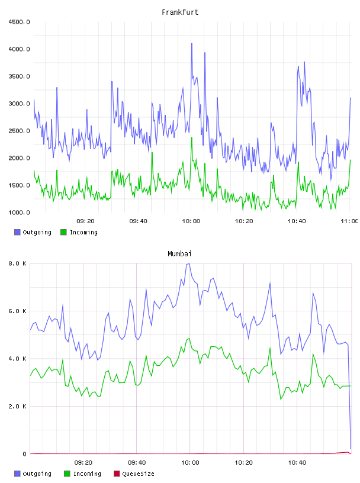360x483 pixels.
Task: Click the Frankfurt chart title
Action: coord(180,12)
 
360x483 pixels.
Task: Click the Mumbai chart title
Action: coord(179,254)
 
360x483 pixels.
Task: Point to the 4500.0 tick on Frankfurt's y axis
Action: coord(19,22)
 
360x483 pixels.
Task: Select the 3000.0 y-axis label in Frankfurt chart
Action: coord(19,104)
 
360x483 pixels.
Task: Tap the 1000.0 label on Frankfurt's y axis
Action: coord(19,212)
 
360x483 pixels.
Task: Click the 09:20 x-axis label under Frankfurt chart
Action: coord(85,221)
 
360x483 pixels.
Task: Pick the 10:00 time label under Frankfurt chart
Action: coord(191,221)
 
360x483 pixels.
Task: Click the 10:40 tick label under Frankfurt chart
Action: coord(297,221)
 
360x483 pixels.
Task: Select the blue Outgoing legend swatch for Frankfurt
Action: coord(17,232)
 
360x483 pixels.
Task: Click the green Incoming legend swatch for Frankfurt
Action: coord(63,232)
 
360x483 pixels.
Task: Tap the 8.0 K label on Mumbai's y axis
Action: coord(17,263)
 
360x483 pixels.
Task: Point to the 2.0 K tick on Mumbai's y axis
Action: coord(17,407)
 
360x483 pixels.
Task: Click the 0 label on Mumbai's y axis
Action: coord(24,454)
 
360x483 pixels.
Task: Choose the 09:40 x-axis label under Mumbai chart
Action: coord(137,463)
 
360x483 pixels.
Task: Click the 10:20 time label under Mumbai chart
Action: coord(243,463)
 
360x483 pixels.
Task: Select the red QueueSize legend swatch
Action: coord(117,474)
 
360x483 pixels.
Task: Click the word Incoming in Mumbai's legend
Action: coord(87,474)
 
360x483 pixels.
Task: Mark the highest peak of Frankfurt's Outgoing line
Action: coord(192,43)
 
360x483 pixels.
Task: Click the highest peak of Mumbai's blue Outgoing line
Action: coord(189,263)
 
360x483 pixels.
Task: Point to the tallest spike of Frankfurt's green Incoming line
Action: coord(192,137)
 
